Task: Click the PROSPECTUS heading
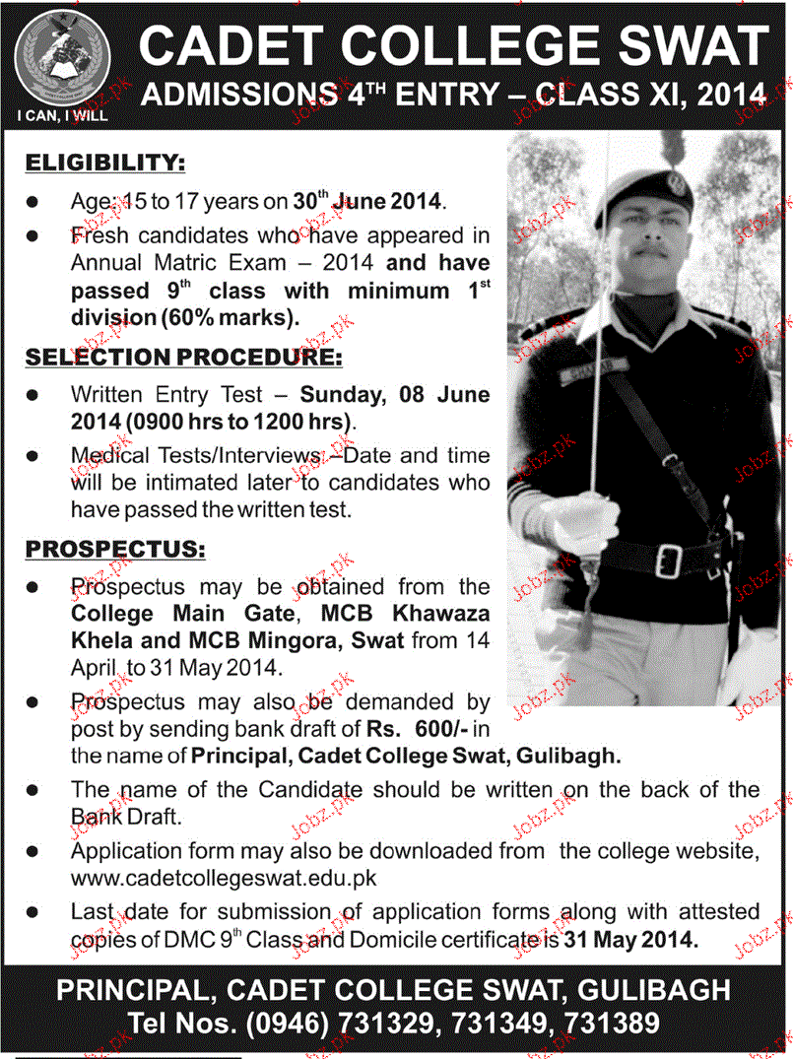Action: click(115, 547)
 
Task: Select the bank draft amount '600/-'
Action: click(439, 728)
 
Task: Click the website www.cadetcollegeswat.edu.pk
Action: click(224, 876)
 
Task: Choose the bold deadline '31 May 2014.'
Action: click(631, 940)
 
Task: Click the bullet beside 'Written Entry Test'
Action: click(33, 394)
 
